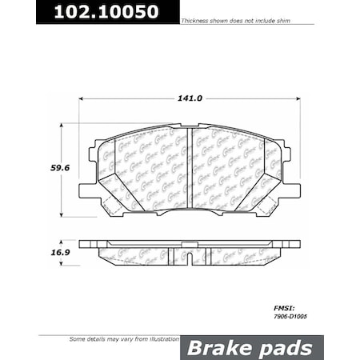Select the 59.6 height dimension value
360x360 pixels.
pos(50,169)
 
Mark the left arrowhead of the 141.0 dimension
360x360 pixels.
pos(80,99)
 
